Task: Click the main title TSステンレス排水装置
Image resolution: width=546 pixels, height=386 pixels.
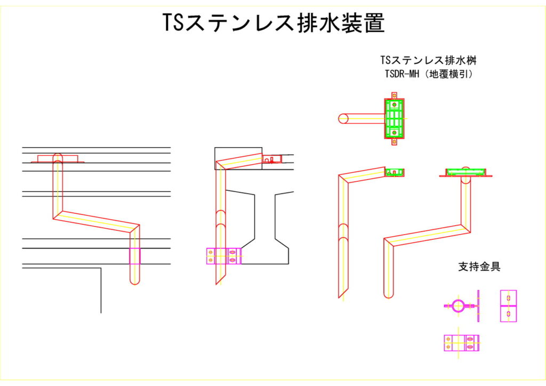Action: [x=273, y=23]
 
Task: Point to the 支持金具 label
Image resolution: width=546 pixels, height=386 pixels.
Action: [x=479, y=267]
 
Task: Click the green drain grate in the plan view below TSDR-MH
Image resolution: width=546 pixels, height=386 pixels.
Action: [x=395, y=118]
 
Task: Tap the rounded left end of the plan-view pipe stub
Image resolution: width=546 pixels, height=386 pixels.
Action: [x=343, y=118]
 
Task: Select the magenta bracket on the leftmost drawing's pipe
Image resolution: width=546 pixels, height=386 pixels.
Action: [x=135, y=256]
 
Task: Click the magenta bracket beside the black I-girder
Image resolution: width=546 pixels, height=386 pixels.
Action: [x=223, y=256]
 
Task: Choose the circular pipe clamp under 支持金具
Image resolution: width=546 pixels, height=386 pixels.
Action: [x=458, y=306]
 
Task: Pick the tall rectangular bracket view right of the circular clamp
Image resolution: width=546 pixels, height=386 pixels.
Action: [x=508, y=306]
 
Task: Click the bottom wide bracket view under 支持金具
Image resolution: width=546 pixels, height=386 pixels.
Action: [x=461, y=343]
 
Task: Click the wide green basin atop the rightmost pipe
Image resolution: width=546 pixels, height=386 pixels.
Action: [x=465, y=171]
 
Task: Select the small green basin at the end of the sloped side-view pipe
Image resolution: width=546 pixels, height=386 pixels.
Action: [x=395, y=172]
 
